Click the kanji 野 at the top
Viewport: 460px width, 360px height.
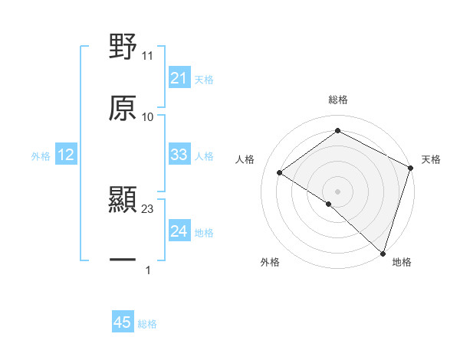pos(123,47)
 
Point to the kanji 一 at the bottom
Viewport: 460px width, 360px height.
pos(123,260)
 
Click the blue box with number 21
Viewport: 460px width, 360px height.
pos(179,78)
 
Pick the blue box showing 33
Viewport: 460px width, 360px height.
pos(179,155)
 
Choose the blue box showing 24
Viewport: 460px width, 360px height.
pos(179,231)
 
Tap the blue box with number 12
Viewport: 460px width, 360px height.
pos(66,155)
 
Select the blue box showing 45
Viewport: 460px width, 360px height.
pos(122,322)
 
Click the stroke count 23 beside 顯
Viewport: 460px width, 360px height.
pos(148,209)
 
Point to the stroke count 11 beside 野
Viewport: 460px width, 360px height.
pos(148,56)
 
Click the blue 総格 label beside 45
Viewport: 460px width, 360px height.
pos(147,324)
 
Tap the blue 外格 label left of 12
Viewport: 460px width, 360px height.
pos(41,156)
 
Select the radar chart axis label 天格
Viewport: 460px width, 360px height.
pos(431,159)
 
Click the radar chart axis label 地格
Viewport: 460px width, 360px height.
pos(402,262)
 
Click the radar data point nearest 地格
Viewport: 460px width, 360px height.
pos(383,252)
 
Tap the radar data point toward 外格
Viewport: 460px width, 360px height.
pos(329,204)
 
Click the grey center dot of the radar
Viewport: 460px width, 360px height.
pos(337,191)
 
